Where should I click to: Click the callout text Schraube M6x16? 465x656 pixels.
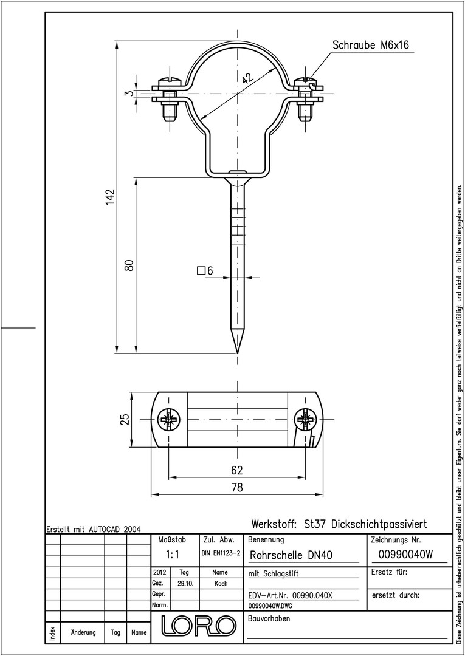(370, 45)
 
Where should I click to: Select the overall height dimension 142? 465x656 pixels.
(110, 197)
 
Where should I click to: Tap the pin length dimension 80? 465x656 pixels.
(130, 265)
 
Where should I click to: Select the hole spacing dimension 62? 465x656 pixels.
(237, 470)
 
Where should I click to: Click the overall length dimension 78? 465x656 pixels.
(237, 487)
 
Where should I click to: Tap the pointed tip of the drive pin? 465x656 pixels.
(238, 353)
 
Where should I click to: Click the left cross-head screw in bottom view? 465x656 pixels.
(168, 419)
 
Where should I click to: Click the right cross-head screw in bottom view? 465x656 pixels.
(305, 419)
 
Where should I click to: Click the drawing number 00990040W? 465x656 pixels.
(405, 555)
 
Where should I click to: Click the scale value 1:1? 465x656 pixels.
(172, 555)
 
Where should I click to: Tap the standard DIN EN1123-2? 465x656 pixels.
(221, 553)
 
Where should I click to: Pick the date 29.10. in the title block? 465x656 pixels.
(184, 584)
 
